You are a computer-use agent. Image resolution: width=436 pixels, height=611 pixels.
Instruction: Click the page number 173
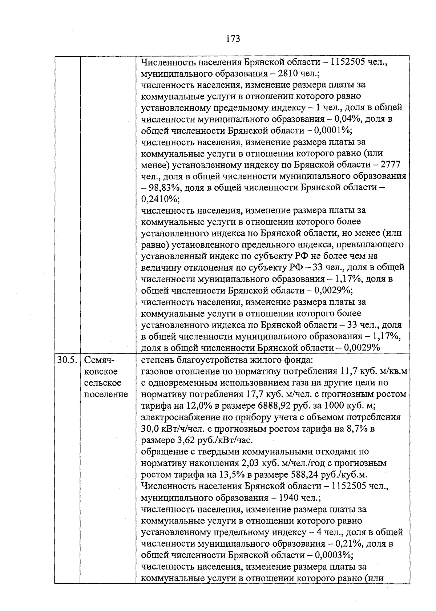click(x=233, y=39)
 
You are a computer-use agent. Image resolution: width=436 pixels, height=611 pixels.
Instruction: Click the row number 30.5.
click(x=67, y=360)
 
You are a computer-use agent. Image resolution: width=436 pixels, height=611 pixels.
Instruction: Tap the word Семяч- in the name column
click(x=99, y=360)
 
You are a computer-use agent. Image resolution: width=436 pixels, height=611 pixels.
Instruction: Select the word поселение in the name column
click(x=106, y=394)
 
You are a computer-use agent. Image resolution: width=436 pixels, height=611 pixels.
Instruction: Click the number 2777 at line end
click(x=391, y=165)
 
